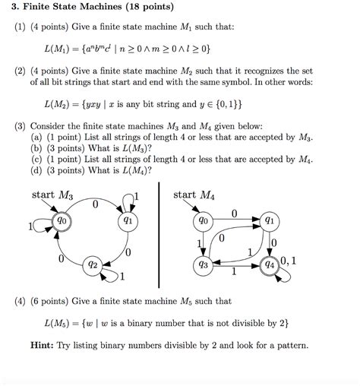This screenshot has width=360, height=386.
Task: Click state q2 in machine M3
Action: [x=93, y=264]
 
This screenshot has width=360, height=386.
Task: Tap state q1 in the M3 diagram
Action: [x=128, y=220]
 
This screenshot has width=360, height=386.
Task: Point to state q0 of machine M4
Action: [x=202, y=221]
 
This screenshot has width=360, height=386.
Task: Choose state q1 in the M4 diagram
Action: [x=270, y=220]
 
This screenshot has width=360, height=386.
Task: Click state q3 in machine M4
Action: [x=202, y=265]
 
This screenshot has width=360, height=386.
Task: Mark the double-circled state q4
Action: [x=270, y=265]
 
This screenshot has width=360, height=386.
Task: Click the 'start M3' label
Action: [x=52, y=195]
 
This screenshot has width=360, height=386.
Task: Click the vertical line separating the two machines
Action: [x=161, y=236]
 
